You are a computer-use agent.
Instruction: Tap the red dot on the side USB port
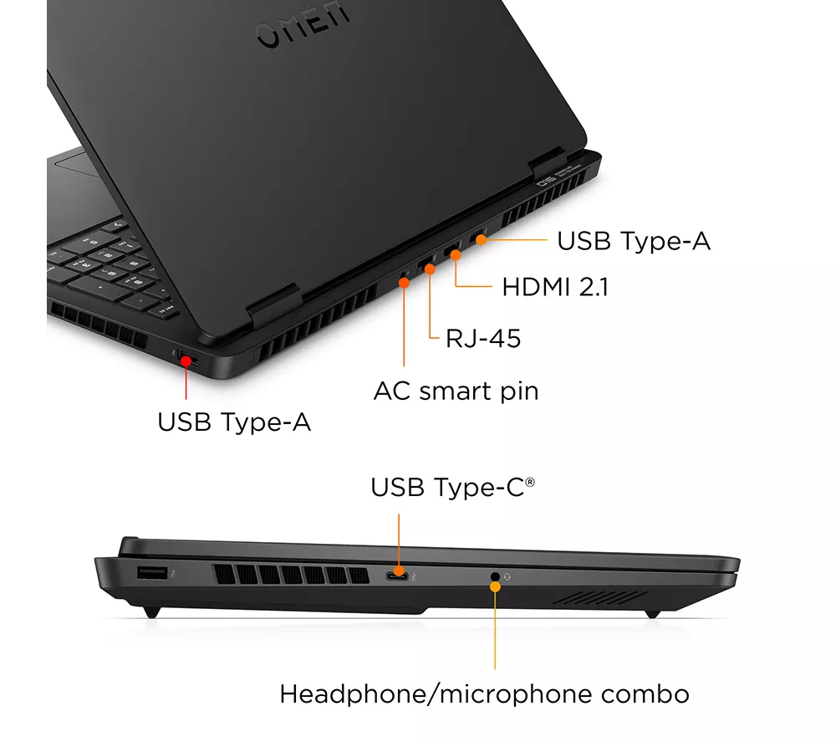pos(186,361)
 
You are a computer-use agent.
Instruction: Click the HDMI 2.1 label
pos(555,287)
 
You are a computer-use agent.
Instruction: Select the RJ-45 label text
pos(483,338)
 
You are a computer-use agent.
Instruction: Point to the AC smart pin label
pos(456,391)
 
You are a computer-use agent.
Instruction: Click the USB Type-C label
pos(452,487)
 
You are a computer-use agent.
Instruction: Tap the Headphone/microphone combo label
pos(484,694)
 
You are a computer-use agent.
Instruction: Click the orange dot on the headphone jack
pos(495,586)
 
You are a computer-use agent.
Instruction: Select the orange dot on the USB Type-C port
pos(399,572)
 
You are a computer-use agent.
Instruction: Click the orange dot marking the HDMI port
pos(456,255)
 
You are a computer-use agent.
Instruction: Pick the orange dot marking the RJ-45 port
pos(430,269)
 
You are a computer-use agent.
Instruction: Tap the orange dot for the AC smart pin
pos(404,283)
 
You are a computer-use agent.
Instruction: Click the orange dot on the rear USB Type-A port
pos(481,240)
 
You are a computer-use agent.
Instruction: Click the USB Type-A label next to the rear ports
pos(634,241)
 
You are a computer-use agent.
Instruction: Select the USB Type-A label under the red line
pos(233,422)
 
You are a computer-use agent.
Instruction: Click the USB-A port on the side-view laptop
pos(152,573)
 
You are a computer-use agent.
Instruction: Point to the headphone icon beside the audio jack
pos(507,576)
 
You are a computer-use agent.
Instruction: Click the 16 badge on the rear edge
pos(545,182)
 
